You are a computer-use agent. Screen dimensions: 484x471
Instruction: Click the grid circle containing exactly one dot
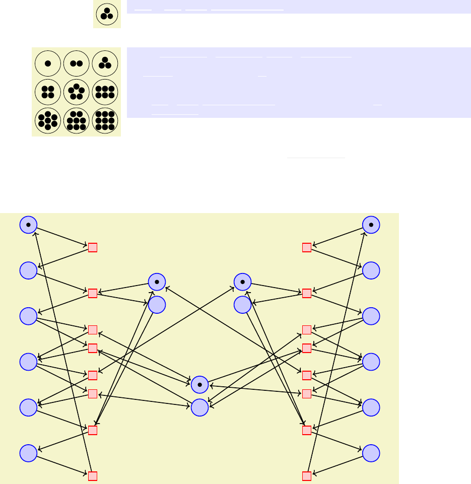click(48, 63)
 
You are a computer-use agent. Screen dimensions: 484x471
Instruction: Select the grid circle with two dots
click(77, 63)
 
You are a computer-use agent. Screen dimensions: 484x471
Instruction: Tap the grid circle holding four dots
click(48, 92)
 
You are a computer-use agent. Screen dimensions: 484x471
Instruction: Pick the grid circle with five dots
click(77, 92)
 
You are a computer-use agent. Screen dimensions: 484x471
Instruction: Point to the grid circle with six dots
click(105, 92)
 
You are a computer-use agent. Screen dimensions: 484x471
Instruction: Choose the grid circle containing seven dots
click(48, 120)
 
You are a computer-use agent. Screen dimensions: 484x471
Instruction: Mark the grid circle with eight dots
click(77, 120)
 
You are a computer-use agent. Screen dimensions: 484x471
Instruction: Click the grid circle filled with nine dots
click(105, 120)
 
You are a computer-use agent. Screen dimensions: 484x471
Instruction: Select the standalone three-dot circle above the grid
click(107, 14)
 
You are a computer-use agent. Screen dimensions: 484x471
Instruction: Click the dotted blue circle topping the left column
click(28, 225)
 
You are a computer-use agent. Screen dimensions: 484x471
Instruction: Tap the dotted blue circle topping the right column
click(371, 225)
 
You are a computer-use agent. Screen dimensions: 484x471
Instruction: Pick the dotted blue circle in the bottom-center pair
click(200, 385)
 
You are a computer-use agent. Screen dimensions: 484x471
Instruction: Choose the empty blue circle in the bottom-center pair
click(200, 407)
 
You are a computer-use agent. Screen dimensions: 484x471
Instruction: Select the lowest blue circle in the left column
click(28, 453)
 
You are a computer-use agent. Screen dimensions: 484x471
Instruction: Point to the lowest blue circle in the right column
click(371, 453)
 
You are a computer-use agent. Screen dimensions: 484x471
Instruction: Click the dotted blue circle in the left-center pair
click(157, 282)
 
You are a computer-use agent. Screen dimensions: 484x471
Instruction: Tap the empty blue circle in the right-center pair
click(243, 304)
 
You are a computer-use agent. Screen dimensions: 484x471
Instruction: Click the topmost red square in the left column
click(93, 247)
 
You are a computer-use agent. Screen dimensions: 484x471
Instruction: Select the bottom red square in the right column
click(306, 476)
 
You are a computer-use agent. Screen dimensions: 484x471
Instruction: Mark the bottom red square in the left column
click(93, 476)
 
